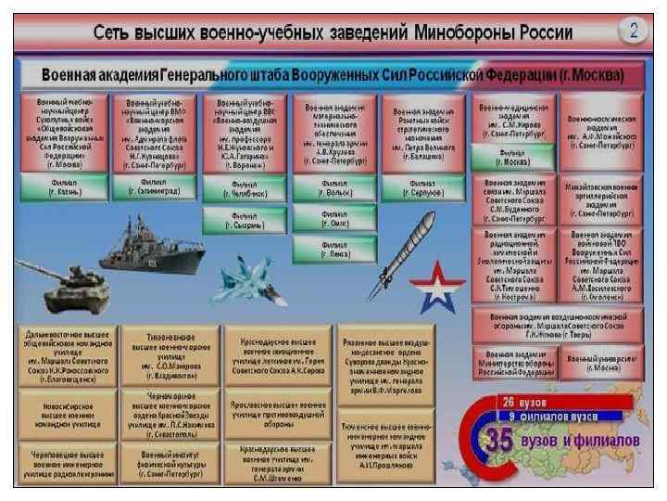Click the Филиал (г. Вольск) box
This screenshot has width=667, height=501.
333,189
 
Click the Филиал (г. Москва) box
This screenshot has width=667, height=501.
515,157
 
